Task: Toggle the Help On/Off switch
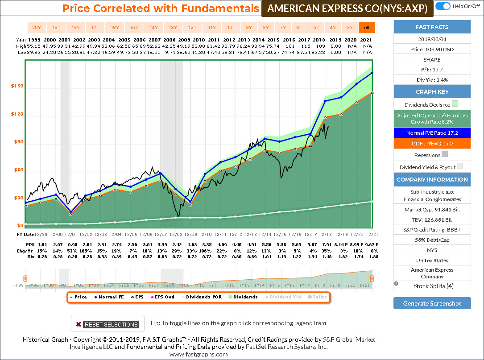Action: [442, 6]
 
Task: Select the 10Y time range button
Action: [231, 28]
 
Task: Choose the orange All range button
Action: [366, 28]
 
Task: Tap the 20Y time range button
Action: [37, 28]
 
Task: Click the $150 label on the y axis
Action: [17, 86]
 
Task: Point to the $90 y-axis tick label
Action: [18, 142]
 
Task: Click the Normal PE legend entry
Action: [109, 297]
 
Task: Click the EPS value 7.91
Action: [327, 244]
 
